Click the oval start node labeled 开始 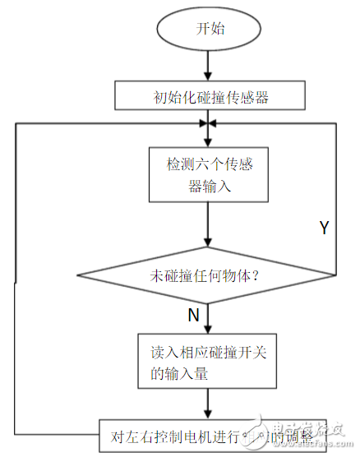click(208, 29)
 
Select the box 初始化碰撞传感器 click(211, 97)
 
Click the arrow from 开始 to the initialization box click(209, 66)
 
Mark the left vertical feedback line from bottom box click(16, 279)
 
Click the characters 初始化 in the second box click(173, 98)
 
